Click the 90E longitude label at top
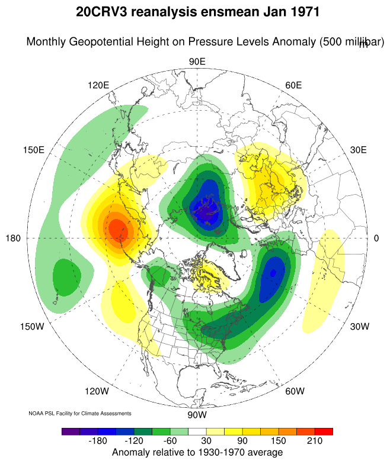(197, 62)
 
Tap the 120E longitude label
(98, 85)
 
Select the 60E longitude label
(293, 85)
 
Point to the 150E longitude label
(33, 150)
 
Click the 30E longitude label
(359, 150)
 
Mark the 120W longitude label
(97, 391)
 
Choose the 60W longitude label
(295, 391)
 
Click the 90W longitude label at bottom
(197, 414)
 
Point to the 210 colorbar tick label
(314, 442)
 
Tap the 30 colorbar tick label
(205, 442)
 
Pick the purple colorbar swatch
(71, 431)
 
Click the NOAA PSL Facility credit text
(80, 413)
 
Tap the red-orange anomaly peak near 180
(116, 227)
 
